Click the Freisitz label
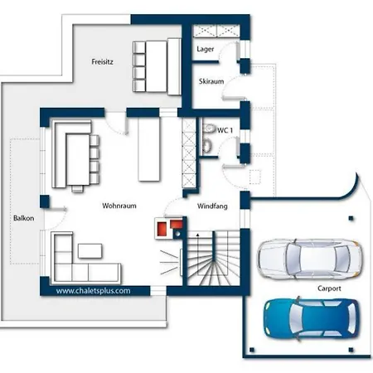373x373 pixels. tap(102, 61)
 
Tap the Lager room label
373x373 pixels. tap(206, 49)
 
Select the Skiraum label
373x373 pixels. tap(211, 81)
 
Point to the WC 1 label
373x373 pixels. tap(225, 130)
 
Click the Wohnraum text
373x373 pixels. tap(119, 206)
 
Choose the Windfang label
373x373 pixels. tap(212, 206)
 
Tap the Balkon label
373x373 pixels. tap(24, 218)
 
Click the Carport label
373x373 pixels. tap(329, 288)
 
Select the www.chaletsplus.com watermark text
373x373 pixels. tap(93, 291)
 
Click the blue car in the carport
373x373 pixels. tap(312, 319)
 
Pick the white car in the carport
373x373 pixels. tap(309, 259)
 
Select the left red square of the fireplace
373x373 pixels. tap(162, 229)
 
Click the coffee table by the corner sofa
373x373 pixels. tap(90, 251)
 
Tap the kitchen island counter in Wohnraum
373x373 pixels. tap(149, 149)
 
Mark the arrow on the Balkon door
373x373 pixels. tap(58, 209)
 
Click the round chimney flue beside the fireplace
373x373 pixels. tap(178, 234)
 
